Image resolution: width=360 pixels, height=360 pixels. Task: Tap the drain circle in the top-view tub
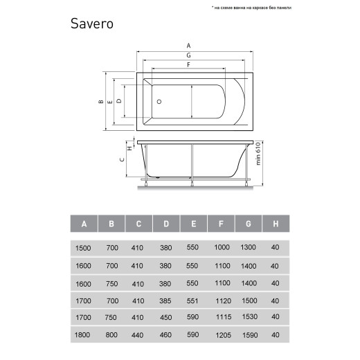159,101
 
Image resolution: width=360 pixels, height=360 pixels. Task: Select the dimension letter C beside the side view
121,160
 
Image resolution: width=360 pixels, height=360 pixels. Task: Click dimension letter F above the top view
188,64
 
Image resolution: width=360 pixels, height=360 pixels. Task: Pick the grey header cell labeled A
84,224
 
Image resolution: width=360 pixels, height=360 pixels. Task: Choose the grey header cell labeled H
276,224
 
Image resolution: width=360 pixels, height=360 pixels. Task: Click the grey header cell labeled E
194,224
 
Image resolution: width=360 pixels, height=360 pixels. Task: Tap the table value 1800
83,336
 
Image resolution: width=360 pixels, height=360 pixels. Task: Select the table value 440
138,336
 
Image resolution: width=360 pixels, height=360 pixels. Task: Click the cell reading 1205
221,336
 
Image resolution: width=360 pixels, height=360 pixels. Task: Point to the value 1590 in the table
249,336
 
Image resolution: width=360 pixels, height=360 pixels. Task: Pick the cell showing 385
166,300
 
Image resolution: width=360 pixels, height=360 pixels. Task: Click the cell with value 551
193,300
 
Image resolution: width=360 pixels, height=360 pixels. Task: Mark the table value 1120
221,300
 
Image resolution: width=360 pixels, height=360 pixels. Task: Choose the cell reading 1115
221,318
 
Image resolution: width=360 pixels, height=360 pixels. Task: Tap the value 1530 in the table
249,318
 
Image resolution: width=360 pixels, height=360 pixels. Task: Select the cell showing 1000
221,247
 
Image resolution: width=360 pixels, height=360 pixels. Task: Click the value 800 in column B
111,336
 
